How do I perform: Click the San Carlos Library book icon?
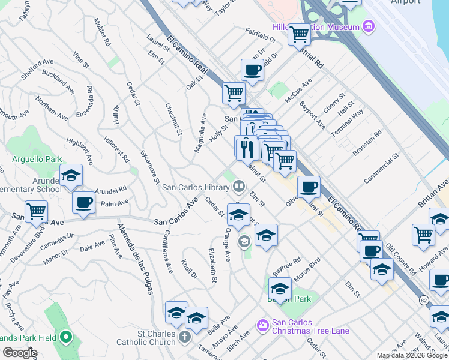point(240,186)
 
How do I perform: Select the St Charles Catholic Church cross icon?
point(185,337)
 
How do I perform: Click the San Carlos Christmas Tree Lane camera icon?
point(262,325)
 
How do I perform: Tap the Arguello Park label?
point(37,160)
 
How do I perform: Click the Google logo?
point(19,353)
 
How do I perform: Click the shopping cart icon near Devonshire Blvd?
point(37,212)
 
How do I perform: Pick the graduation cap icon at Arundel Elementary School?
point(71,175)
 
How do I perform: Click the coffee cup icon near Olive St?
point(309,187)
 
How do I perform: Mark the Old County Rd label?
point(401,259)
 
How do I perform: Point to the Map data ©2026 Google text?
point(411,355)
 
